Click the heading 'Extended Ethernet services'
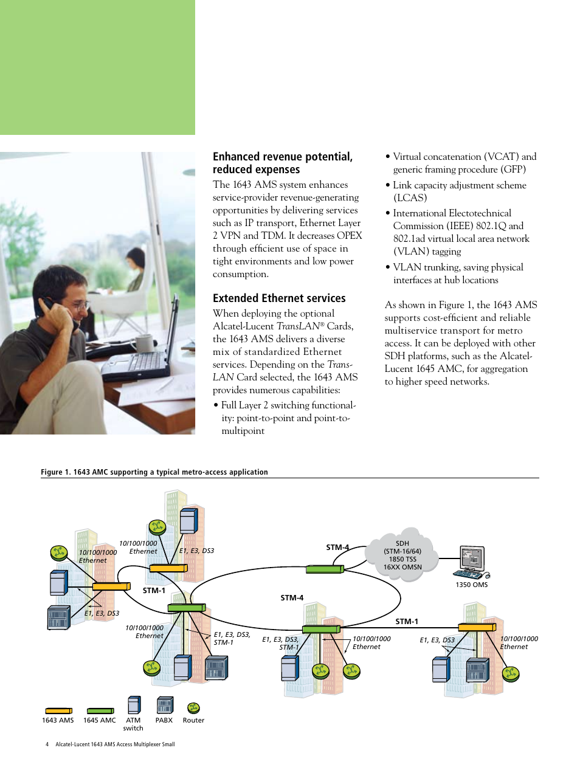tap(279, 298)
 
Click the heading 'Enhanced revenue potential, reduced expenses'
tap(282, 163)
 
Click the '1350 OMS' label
tap(471, 585)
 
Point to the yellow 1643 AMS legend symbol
tap(58, 710)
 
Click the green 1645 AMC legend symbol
tap(100, 710)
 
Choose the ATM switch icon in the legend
tap(134, 705)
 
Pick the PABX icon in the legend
tap(165, 705)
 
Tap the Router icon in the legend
tap(193, 708)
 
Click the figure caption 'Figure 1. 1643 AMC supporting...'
tap(154, 472)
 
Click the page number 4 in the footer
tap(47, 744)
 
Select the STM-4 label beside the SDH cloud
tap(337, 548)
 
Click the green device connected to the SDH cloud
tap(325, 569)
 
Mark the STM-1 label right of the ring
tap(407, 622)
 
